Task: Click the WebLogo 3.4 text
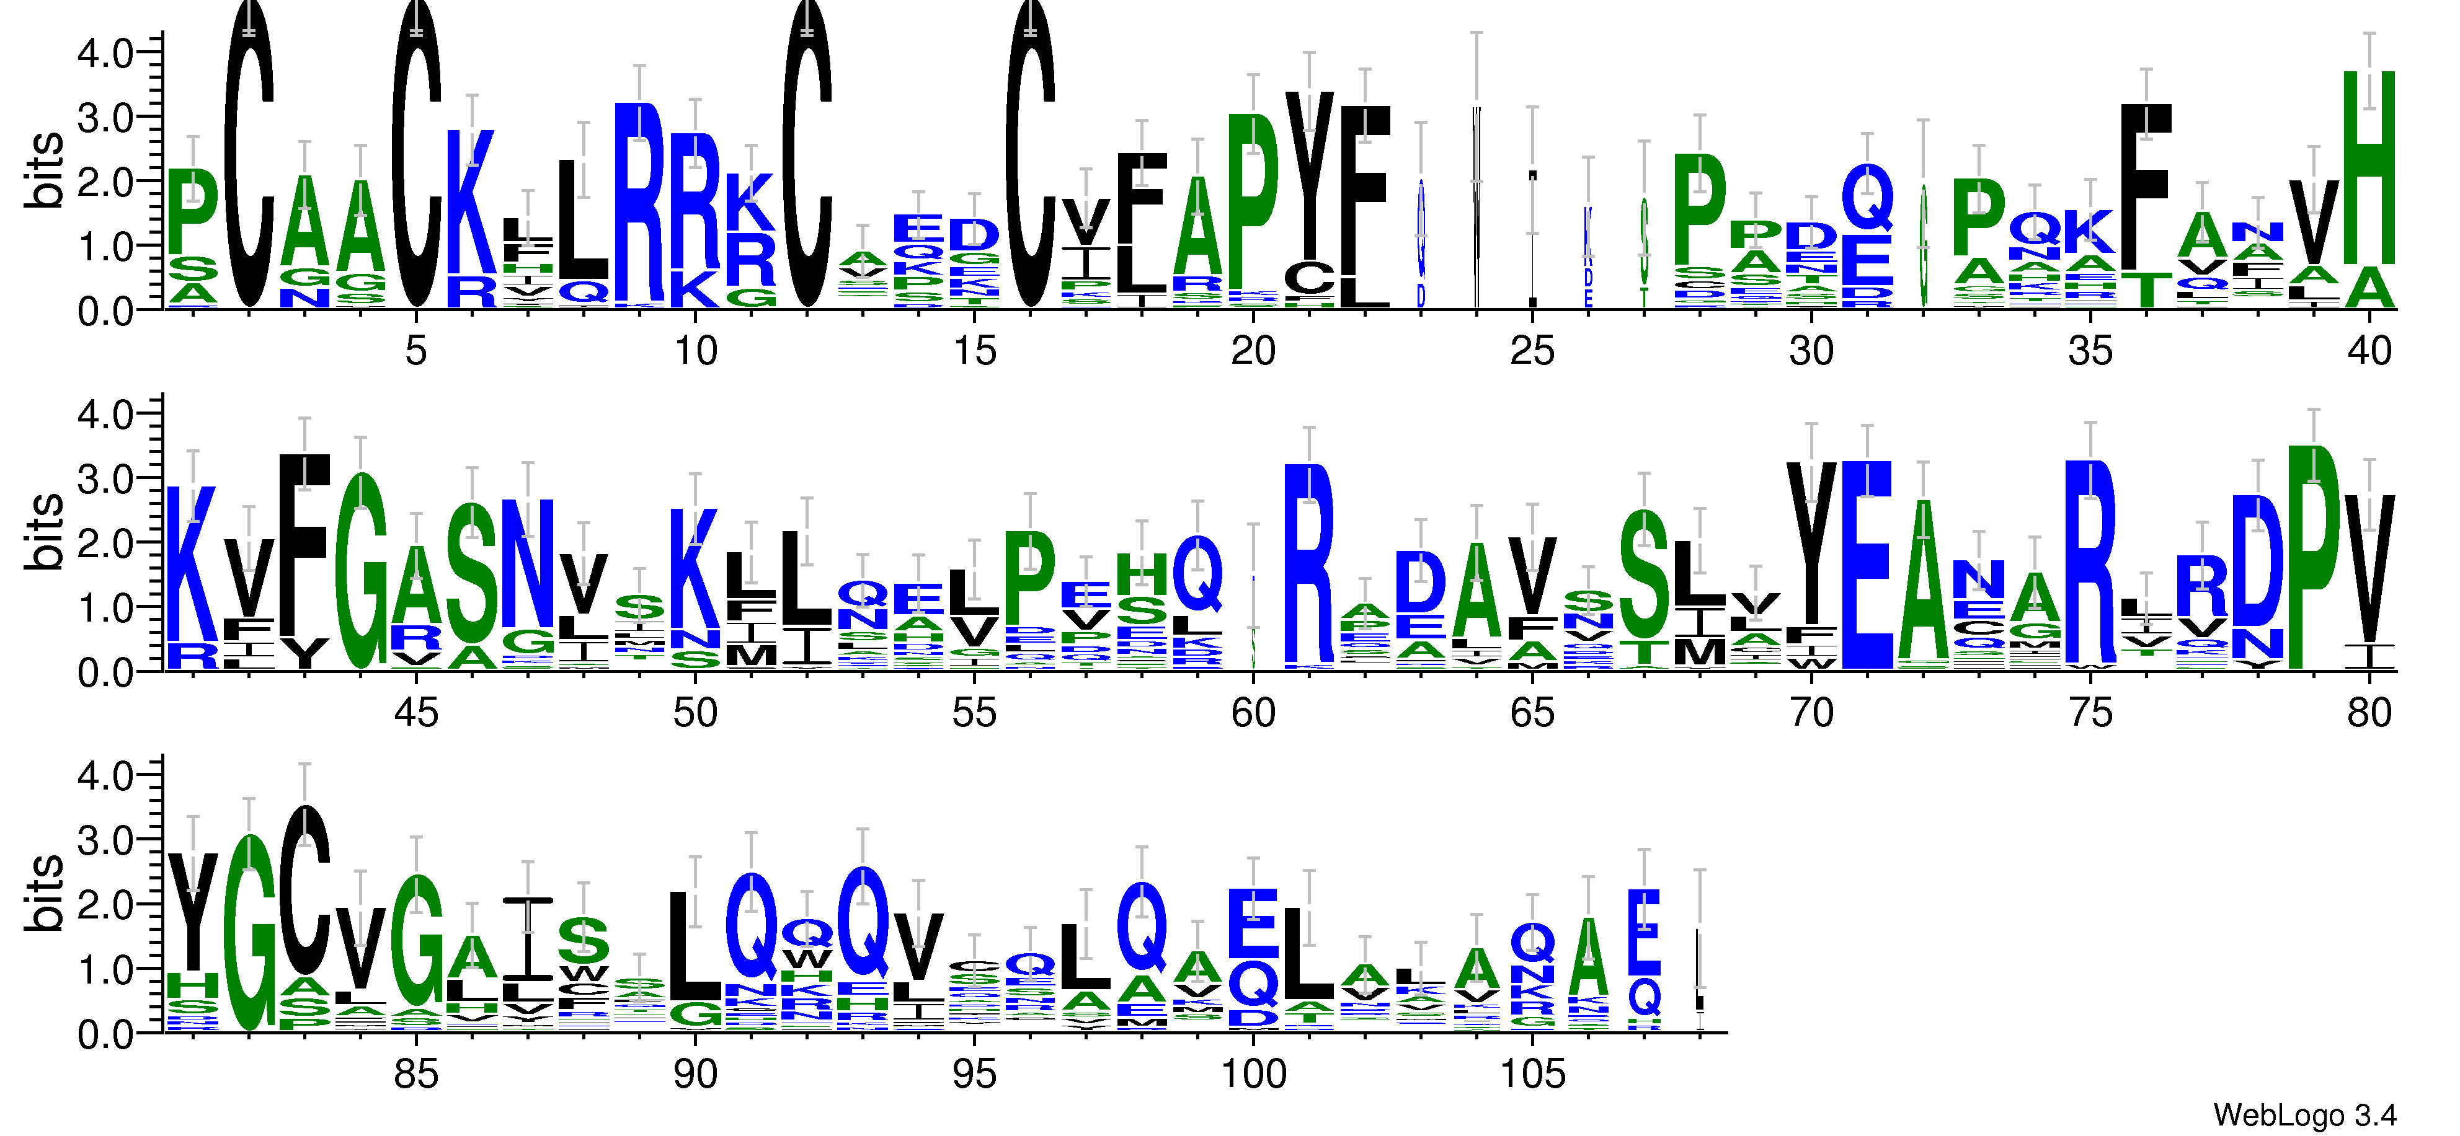(2303, 1115)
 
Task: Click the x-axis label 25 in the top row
(1532, 351)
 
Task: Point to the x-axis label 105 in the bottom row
(1532, 1075)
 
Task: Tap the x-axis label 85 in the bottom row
(415, 1075)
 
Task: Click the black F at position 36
(2146, 186)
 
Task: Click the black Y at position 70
(1811, 544)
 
